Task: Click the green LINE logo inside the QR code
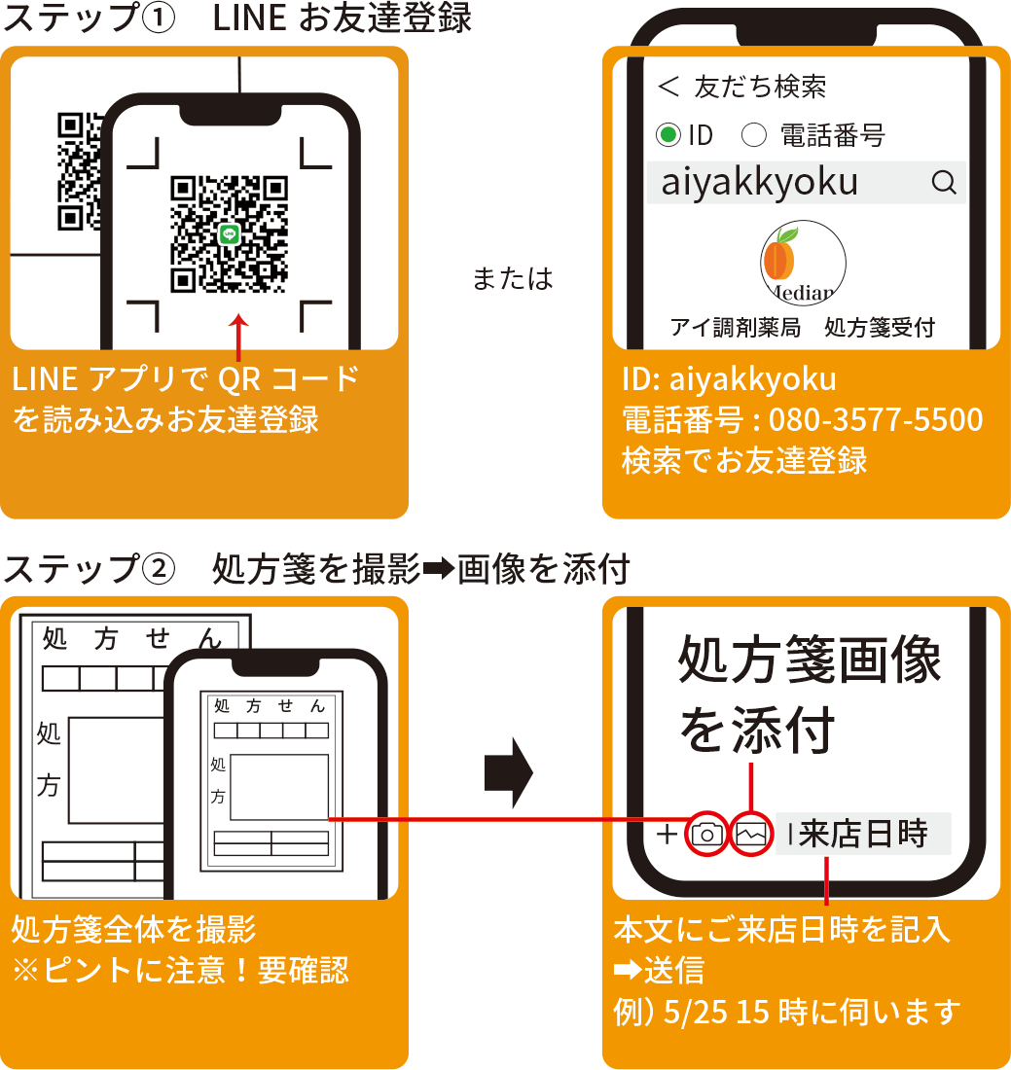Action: pyautogui.click(x=229, y=234)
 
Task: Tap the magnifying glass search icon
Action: pyautogui.click(x=944, y=182)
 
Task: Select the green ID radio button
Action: pyautogui.click(x=668, y=134)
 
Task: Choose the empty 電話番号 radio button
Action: pyautogui.click(x=754, y=134)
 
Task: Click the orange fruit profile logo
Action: pyautogui.click(x=804, y=263)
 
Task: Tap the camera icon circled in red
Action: pyautogui.click(x=706, y=834)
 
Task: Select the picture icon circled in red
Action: pyautogui.click(x=751, y=834)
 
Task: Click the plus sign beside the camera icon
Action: pyautogui.click(x=667, y=834)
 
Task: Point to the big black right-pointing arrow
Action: pyautogui.click(x=509, y=772)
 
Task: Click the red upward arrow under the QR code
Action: pyautogui.click(x=238, y=338)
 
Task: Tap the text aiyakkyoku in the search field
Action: pyautogui.click(x=759, y=183)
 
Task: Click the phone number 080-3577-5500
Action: pyautogui.click(x=876, y=419)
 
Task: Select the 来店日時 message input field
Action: pyautogui.click(x=863, y=834)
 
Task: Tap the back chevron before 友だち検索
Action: pyautogui.click(x=668, y=86)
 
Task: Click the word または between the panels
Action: pyautogui.click(x=513, y=278)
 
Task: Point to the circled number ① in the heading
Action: pyautogui.click(x=159, y=18)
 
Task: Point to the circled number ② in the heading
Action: pyautogui.click(x=159, y=568)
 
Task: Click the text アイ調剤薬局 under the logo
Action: pyautogui.click(x=736, y=328)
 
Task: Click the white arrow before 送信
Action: pyautogui.click(x=628, y=970)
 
